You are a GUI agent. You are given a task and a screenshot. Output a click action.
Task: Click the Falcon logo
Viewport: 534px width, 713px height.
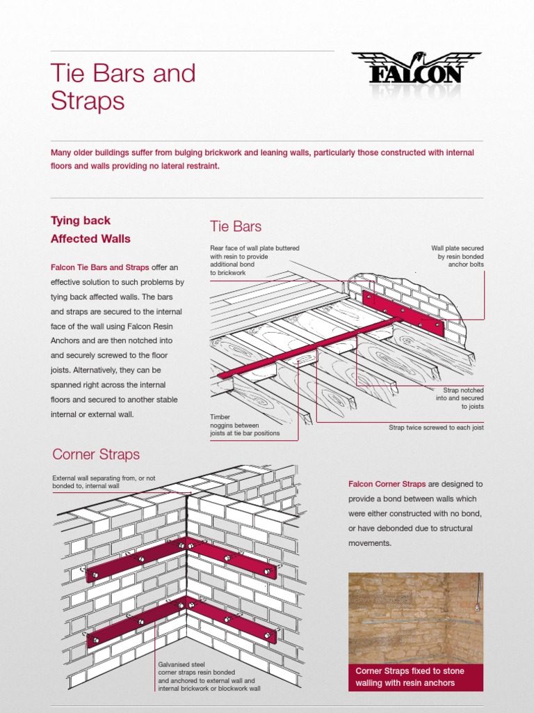pyautogui.click(x=415, y=72)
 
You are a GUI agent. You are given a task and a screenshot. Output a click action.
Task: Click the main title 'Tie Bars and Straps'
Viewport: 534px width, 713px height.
pyautogui.click(x=123, y=87)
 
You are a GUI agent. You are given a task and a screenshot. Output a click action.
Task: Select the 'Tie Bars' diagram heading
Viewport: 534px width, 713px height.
pyautogui.click(x=236, y=226)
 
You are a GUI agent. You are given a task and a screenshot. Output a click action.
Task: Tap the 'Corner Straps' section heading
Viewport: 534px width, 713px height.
pyautogui.click(x=96, y=454)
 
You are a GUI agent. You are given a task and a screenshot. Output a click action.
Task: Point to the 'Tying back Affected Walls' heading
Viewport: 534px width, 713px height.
pyautogui.click(x=90, y=230)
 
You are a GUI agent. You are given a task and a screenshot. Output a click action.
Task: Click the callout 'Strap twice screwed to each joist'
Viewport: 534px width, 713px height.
pyautogui.click(x=436, y=428)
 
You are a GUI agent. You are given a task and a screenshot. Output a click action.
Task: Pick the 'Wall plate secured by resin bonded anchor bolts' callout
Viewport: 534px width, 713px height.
pyautogui.click(x=457, y=256)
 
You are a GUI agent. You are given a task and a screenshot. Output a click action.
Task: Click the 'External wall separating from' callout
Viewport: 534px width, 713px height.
pyautogui.click(x=104, y=482)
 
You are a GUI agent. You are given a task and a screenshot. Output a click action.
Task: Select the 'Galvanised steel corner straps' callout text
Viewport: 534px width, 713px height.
pyautogui.click(x=209, y=676)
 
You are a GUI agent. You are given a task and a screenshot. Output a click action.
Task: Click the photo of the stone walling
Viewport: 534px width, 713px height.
pyautogui.click(x=415, y=617)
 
